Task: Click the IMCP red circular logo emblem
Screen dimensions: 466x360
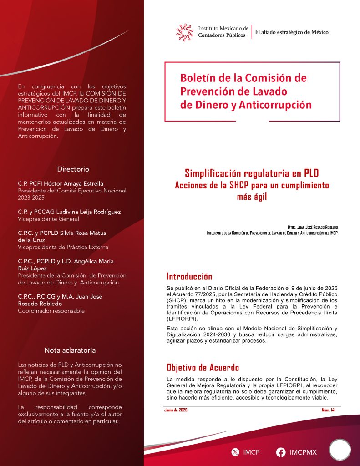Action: point(185,32)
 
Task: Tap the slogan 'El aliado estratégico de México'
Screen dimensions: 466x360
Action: point(292,32)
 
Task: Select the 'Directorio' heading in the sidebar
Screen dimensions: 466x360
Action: point(73,169)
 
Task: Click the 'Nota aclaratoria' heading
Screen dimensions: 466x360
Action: point(70,350)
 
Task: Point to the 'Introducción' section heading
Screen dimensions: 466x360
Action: point(189,277)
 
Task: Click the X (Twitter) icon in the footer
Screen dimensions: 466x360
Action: point(235,452)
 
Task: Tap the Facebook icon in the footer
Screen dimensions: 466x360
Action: point(281,452)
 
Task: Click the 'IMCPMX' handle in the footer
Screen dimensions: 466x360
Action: point(303,452)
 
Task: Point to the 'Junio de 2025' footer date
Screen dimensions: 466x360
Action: point(176,410)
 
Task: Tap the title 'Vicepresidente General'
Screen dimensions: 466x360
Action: point(48,219)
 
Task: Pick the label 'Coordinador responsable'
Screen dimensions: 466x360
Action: point(51,311)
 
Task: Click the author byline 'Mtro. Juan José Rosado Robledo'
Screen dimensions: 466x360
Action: point(313,227)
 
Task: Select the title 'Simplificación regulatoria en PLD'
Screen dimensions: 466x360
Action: point(252,173)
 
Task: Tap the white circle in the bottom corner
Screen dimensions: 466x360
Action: point(340,450)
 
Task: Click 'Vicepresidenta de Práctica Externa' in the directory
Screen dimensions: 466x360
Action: point(63,247)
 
